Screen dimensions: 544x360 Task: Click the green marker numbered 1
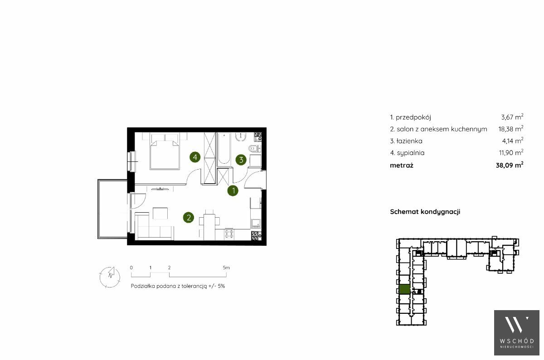233,191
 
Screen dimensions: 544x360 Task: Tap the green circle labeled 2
189,218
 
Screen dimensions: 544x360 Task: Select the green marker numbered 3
241,160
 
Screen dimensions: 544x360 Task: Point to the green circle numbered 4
195,157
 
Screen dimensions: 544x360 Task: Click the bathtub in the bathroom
223,149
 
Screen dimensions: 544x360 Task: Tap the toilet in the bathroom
254,148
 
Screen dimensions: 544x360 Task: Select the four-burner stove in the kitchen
229,234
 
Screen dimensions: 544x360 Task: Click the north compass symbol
110,277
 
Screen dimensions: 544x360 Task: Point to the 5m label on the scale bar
226,268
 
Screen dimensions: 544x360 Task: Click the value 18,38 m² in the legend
511,129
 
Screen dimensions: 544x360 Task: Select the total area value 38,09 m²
510,165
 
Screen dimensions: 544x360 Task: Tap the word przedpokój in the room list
413,117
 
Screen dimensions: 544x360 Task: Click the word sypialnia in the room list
411,153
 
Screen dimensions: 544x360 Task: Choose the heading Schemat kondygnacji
425,212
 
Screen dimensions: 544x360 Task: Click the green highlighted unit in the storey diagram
404,289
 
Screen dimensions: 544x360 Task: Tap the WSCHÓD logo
516,332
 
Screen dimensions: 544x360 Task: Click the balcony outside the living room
112,209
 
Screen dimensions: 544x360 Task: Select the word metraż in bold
402,165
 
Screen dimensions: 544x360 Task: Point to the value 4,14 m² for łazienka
513,141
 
